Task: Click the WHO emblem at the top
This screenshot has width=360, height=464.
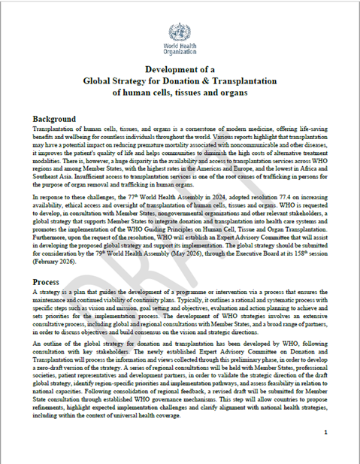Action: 180,32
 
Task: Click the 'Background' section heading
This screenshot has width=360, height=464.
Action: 54,119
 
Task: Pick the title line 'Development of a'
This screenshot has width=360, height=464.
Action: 180,70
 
